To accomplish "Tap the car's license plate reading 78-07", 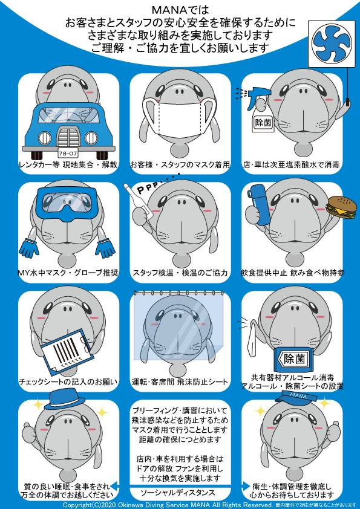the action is (68, 152).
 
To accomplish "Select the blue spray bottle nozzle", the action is (257, 94).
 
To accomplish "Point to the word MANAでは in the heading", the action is (180, 7).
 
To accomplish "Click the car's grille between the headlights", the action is (68, 137).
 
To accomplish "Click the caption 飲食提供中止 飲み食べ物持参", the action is (292, 273).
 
